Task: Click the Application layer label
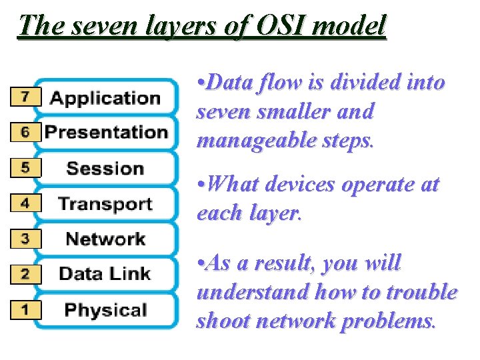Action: click(x=105, y=99)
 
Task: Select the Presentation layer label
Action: click(x=106, y=132)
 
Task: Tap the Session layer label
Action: click(x=105, y=168)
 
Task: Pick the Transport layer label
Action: click(x=105, y=203)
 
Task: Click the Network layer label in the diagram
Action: click(x=105, y=239)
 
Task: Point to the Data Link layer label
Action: click(x=105, y=273)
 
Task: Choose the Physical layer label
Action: click(x=105, y=310)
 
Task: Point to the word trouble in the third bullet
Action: click(x=423, y=292)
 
